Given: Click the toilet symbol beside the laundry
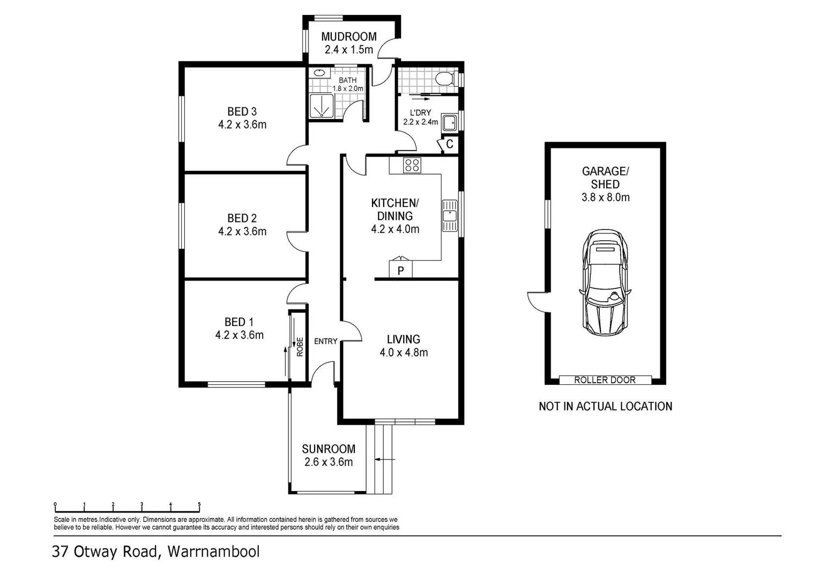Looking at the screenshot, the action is (x=445, y=78).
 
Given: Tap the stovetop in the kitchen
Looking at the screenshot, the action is (x=412, y=165).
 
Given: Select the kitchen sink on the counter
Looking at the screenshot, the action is (x=450, y=216).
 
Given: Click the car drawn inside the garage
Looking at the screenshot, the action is (x=605, y=283).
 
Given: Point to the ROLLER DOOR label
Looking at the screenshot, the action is (x=605, y=380).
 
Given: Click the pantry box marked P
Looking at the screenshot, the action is (x=401, y=270).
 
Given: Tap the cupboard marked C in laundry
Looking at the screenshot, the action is (x=449, y=144).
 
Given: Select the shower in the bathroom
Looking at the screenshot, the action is (x=322, y=106).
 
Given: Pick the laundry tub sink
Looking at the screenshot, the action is (x=449, y=123).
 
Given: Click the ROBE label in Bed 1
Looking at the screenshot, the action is (x=300, y=347).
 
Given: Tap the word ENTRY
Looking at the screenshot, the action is (x=325, y=342).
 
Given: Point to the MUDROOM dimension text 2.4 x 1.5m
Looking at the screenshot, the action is (x=349, y=50).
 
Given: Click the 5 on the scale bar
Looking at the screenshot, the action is (x=199, y=504).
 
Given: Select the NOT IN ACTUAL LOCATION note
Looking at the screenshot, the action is (x=606, y=406).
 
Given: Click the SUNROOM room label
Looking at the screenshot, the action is (x=329, y=449).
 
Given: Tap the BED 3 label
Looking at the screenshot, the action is (x=242, y=111).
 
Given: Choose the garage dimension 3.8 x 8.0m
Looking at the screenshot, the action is (x=606, y=197).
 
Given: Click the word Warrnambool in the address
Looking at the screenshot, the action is (x=213, y=551).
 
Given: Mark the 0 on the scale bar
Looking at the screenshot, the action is (x=55, y=504).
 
